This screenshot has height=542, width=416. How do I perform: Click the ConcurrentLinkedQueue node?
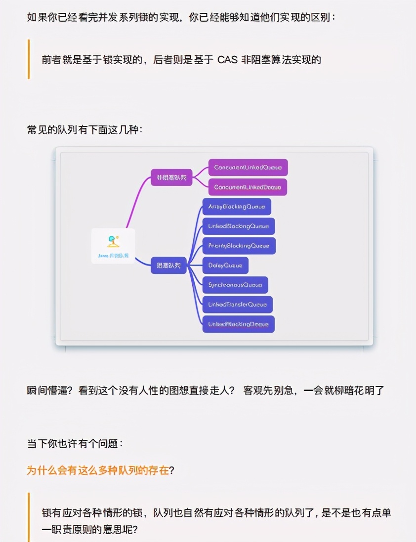pyautogui.click(x=248, y=167)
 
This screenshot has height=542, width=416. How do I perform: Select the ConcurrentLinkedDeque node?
pyautogui.click(x=248, y=187)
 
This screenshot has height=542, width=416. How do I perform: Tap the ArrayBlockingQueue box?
pyautogui.click(x=237, y=206)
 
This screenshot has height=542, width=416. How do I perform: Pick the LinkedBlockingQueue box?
pyautogui.click(x=239, y=226)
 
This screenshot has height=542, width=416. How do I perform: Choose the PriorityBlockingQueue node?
pyautogui.click(x=239, y=245)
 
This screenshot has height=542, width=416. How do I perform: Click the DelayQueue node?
pyautogui.click(x=225, y=265)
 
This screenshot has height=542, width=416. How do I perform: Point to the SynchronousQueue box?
pyautogui.click(x=235, y=285)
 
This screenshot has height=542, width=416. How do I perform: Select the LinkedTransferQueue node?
pyautogui.click(x=238, y=305)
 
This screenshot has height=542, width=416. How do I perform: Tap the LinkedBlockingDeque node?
pyautogui.click(x=238, y=324)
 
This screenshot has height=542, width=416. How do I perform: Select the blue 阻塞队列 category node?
pyautogui.click(x=168, y=266)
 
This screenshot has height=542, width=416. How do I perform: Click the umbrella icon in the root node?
pyautogui.click(x=113, y=241)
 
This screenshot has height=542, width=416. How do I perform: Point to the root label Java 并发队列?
pyautogui.click(x=113, y=256)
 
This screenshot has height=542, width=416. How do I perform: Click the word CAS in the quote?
pyautogui.click(x=227, y=60)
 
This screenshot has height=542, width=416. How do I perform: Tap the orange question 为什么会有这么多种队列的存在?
pyautogui.click(x=97, y=470)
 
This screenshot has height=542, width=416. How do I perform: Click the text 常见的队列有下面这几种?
pyautogui.click(x=84, y=130)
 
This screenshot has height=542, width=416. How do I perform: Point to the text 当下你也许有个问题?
pyautogui.click(x=74, y=443)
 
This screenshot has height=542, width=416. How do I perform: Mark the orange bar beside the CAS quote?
pyautogui.click(x=29, y=59)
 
